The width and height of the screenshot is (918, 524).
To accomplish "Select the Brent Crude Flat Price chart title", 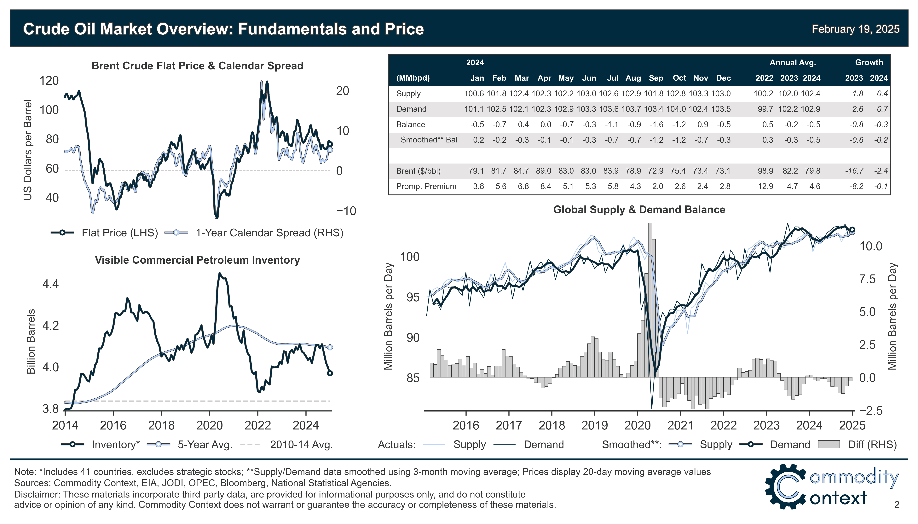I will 197,66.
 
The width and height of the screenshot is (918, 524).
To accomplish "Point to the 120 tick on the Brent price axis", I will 49,81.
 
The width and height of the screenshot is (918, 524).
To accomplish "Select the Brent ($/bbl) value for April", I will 543,171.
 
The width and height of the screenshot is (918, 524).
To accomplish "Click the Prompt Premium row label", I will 426,186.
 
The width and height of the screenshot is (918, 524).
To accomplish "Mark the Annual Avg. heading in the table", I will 792,63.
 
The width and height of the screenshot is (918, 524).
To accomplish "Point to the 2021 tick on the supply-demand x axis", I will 680,425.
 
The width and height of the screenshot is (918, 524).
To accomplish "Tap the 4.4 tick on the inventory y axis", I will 50,284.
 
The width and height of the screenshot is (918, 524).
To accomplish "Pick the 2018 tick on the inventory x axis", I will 161,425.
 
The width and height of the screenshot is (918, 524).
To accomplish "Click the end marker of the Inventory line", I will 330,373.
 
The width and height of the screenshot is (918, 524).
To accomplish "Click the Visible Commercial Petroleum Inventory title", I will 197,260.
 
